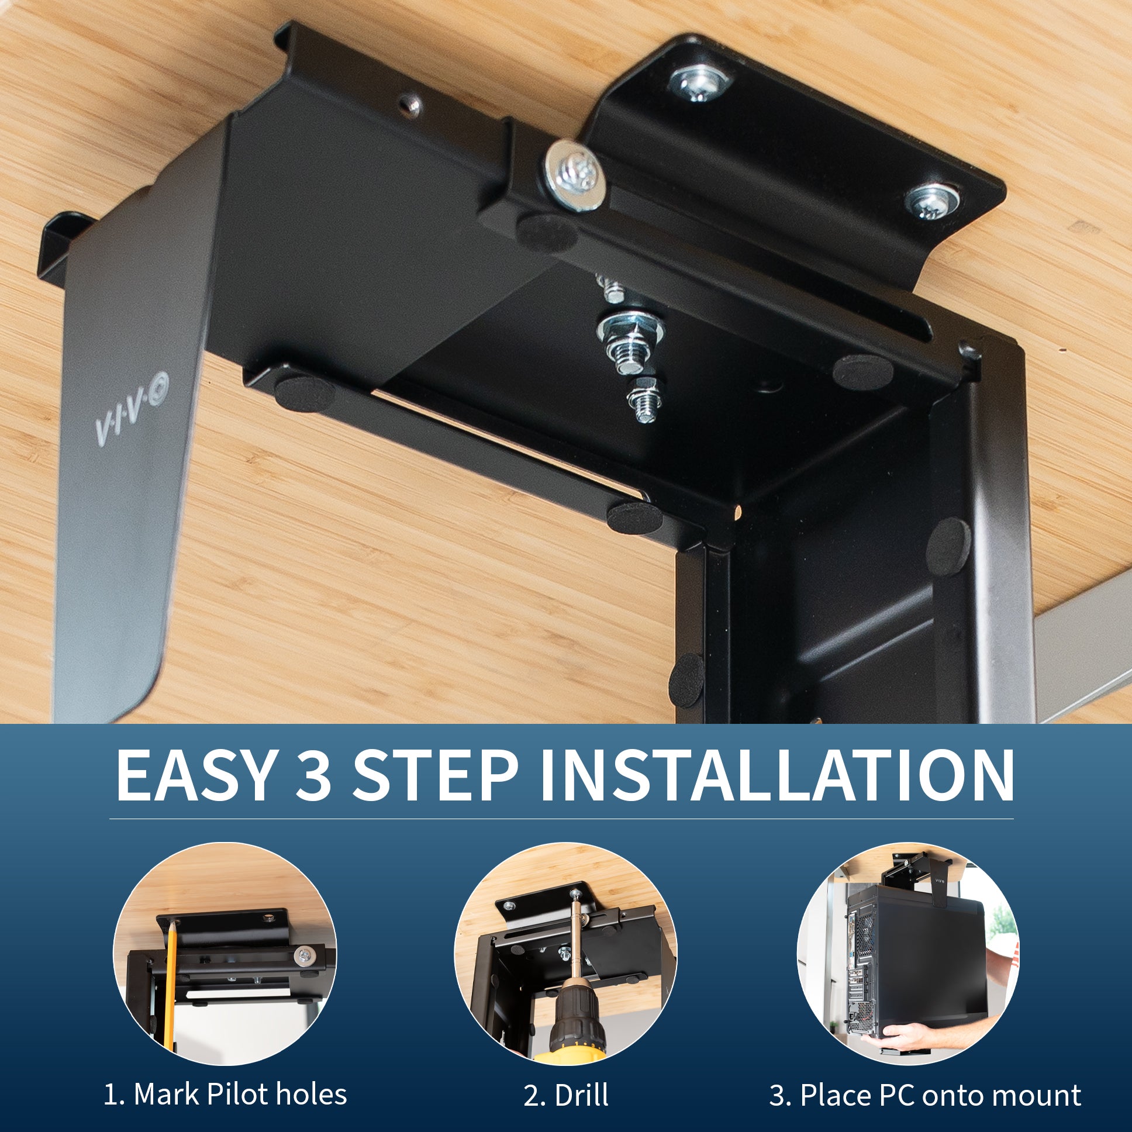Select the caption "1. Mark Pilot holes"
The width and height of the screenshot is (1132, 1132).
(226, 1095)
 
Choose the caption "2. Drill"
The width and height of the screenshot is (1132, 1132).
(566, 1095)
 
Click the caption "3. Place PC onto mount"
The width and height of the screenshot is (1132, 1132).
(925, 1095)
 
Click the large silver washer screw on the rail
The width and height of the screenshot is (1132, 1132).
(574, 176)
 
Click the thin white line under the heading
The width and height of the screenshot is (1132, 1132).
(561, 819)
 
